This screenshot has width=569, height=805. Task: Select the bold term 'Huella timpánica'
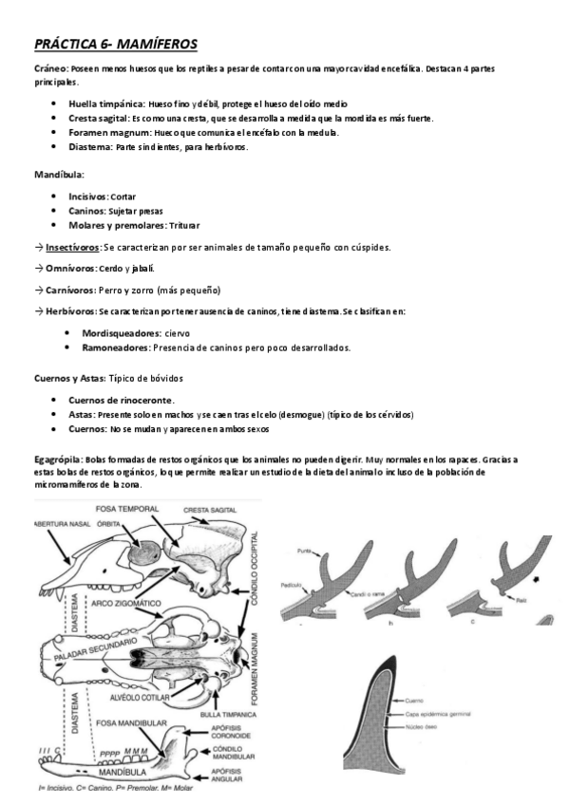click(105, 103)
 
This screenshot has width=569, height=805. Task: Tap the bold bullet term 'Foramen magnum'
click(106, 133)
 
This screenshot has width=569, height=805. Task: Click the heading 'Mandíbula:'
click(59, 176)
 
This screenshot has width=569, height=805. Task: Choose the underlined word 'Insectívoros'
click(73, 248)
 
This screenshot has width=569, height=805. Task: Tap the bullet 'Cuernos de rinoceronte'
click(121, 400)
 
